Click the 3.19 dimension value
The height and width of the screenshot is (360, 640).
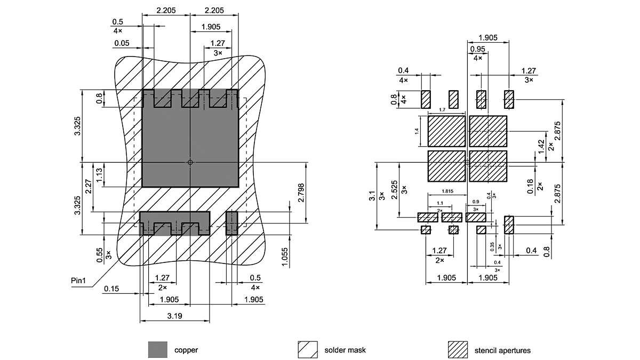(x=175, y=316)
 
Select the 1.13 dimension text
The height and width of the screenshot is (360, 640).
(x=99, y=174)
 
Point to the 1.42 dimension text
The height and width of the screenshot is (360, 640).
(x=541, y=145)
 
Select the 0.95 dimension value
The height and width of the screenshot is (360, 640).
(x=477, y=49)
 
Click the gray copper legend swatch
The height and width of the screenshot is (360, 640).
(x=157, y=350)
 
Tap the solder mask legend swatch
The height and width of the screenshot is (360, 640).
(x=307, y=350)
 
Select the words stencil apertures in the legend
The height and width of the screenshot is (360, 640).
(x=502, y=350)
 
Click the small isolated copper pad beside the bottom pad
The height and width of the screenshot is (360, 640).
(x=231, y=223)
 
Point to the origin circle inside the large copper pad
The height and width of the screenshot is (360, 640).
(x=190, y=162)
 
